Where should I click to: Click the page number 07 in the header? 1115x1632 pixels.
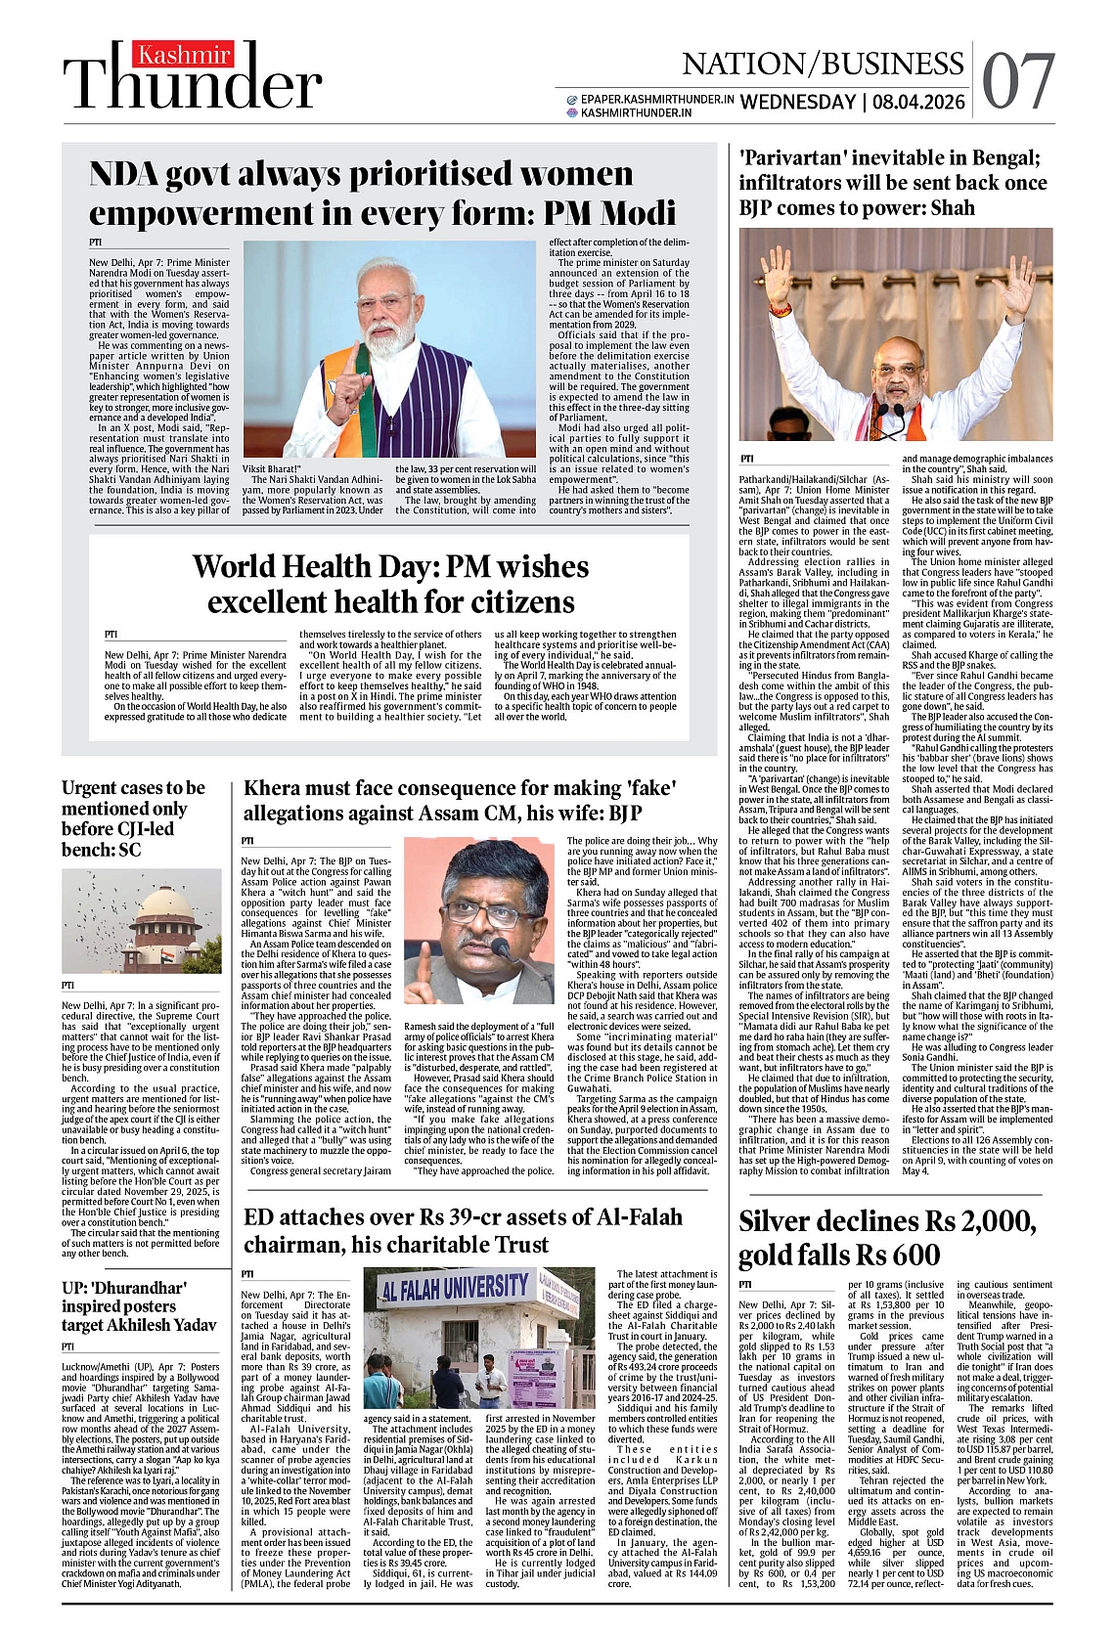[x=1018, y=82]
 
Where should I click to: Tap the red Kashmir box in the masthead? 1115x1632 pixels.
[x=185, y=55]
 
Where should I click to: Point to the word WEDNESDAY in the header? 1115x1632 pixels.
[x=797, y=102]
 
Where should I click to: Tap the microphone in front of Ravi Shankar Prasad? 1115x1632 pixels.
[x=502, y=947]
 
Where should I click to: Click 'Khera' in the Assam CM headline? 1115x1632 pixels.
[x=274, y=788]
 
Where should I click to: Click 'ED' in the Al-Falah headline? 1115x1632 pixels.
[x=259, y=1216]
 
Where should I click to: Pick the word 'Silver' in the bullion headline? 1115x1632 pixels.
[x=781, y=1221]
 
